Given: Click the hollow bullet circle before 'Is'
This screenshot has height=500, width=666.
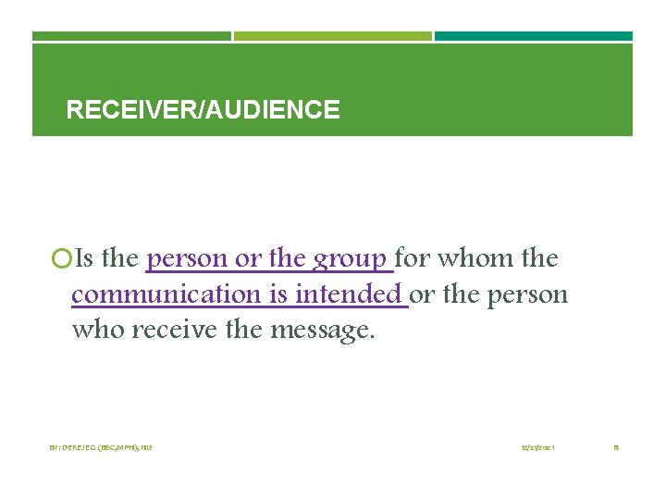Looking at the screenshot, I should pyautogui.click(x=61, y=258).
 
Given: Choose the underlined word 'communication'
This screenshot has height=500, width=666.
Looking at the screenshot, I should pyautogui.click(x=166, y=294).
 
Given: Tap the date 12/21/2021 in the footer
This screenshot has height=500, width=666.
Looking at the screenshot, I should pyautogui.click(x=537, y=448).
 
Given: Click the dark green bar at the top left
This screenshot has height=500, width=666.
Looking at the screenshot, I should pyautogui.click(x=131, y=36).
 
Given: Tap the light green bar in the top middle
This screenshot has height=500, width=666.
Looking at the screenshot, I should pyautogui.click(x=332, y=36).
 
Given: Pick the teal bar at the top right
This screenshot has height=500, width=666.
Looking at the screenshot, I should pyautogui.click(x=534, y=36).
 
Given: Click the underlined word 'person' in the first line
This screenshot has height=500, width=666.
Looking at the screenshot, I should pyautogui.click(x=188, y=258).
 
